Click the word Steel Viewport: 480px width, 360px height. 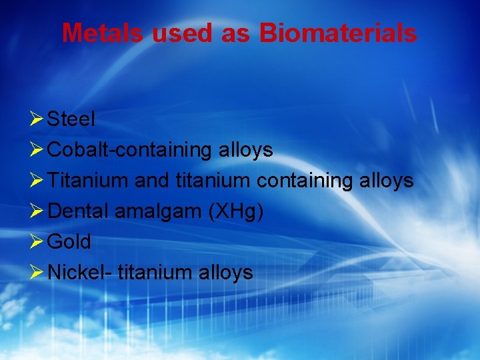pos(71,119)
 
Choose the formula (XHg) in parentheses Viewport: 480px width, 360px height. pos(236,211)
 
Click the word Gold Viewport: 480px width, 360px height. pos(69,241)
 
